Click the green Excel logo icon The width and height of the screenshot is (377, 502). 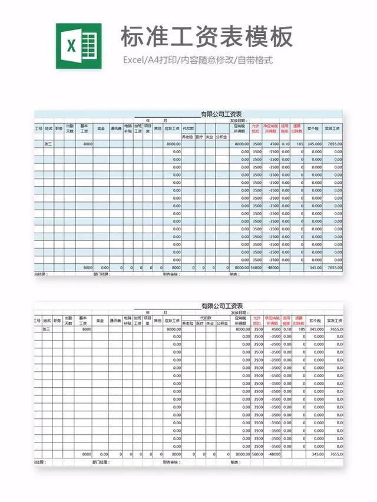78,46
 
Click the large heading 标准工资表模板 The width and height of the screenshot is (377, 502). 206,37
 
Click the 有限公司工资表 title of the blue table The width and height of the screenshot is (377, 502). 222,114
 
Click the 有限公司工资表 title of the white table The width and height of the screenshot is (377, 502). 222,306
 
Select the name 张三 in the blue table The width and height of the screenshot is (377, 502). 48,144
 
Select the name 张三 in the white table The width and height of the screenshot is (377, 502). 47,329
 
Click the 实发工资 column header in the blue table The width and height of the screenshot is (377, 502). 333,128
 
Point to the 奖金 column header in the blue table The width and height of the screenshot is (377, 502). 101,128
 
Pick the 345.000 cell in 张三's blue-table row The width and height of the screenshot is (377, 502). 314,144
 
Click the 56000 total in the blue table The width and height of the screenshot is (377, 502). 256,267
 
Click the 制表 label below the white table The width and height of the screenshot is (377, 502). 235,462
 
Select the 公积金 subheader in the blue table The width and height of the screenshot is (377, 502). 221,136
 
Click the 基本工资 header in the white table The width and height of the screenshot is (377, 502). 85,321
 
